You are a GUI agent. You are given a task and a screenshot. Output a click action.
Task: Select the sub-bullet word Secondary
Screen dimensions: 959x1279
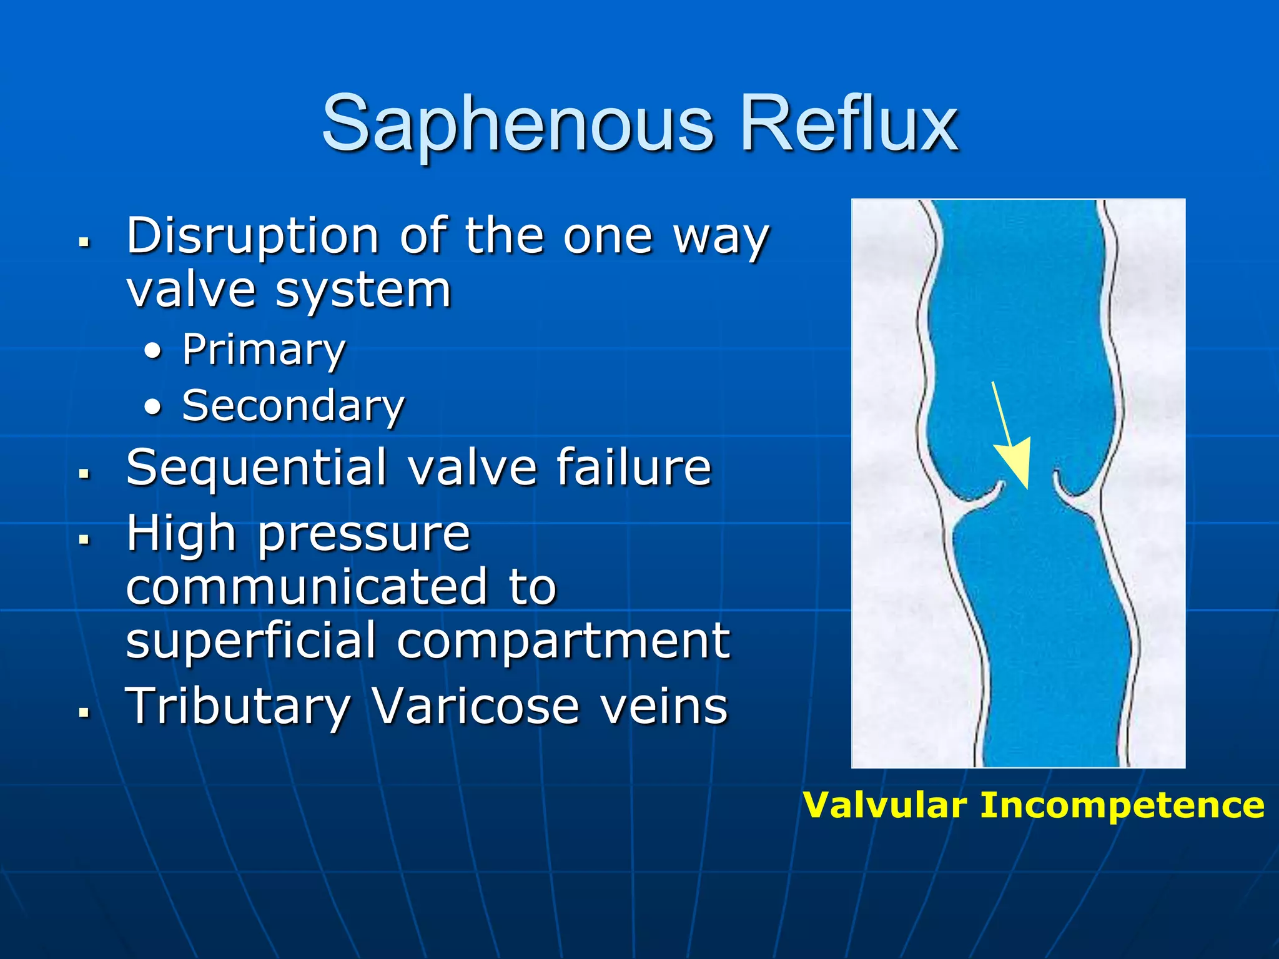click(x=293, y=406)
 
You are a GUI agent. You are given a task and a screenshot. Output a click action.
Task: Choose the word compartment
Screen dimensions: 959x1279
click(x=563, y=642)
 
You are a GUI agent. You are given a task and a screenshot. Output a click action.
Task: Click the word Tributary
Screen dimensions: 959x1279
click(x=238, y=707)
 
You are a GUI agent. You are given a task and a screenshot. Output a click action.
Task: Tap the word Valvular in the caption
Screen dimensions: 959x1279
click(x=885, y=805)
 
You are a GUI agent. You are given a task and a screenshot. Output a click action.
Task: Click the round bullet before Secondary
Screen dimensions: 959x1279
click(x=152, y=407)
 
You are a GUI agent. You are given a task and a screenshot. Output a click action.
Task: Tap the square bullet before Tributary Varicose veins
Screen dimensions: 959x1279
click(x=85, y=711)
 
